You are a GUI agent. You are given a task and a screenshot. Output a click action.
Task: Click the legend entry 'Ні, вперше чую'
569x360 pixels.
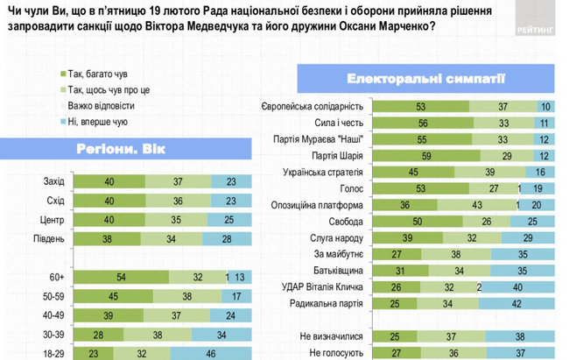click(91, 122)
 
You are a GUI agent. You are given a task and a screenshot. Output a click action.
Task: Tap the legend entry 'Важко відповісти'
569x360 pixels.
click(95, 105)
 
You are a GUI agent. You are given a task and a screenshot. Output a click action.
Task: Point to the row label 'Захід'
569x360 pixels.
click(53, 180)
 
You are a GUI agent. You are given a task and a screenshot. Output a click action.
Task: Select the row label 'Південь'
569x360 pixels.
click(48, 236)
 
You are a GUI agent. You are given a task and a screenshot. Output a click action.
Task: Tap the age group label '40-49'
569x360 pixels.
click(52, 314)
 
